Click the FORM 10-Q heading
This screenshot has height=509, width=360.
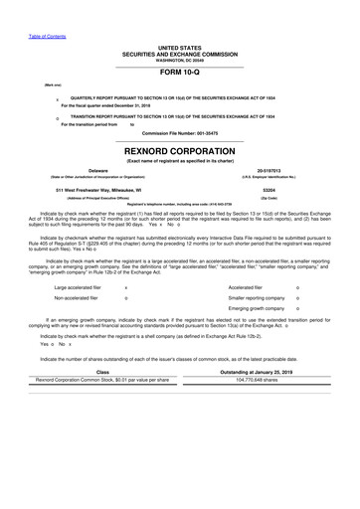click(x=180, y=72)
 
